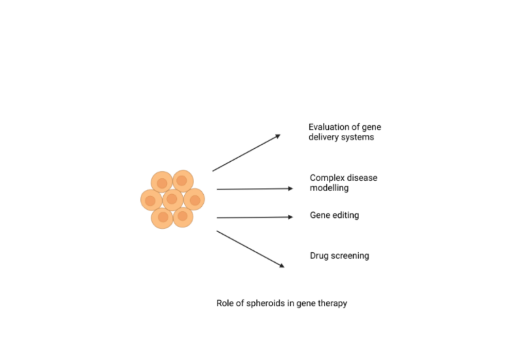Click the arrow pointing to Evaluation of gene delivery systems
point(246,153)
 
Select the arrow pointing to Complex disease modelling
point(255,189)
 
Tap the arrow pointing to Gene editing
point(255,217)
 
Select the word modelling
point(329,188)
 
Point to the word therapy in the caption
point(332,303)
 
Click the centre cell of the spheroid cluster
point(172,199)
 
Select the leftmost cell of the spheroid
point(151,200)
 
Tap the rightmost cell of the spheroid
point(194,199)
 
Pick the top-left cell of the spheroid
point(162,182)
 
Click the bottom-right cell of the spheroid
point(183,217)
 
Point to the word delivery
point(324,138)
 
